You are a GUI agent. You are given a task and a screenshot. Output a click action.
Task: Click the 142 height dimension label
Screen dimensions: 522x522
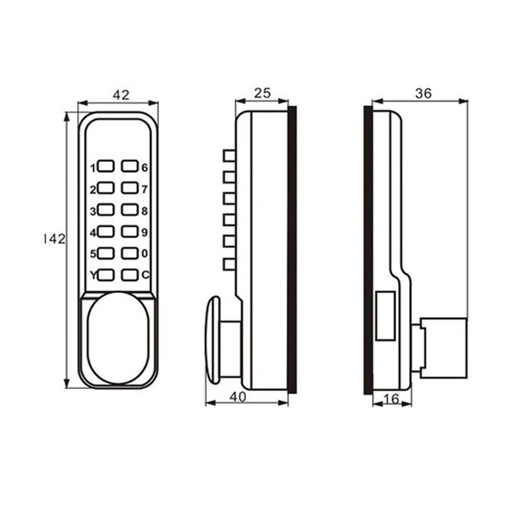point(55,239)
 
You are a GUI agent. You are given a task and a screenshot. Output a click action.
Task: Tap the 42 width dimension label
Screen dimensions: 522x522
point(121,95)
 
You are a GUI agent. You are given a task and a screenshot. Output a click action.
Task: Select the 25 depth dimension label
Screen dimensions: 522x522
point(262,93)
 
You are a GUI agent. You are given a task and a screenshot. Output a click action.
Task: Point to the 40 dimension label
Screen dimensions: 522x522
point(238,397)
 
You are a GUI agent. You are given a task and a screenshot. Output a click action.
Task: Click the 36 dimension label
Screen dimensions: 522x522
point(423,93)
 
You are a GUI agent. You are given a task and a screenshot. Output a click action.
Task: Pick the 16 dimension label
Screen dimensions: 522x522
point(391,399)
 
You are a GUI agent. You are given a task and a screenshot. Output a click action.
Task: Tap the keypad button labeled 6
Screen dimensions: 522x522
point(129,166)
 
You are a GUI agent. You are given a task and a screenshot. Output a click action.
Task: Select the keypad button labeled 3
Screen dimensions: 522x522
point(106,209)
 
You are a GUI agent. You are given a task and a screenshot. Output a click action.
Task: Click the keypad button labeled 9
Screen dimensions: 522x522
point(129,232)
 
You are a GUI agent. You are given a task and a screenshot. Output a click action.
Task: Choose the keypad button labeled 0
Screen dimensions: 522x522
point(129,253)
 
